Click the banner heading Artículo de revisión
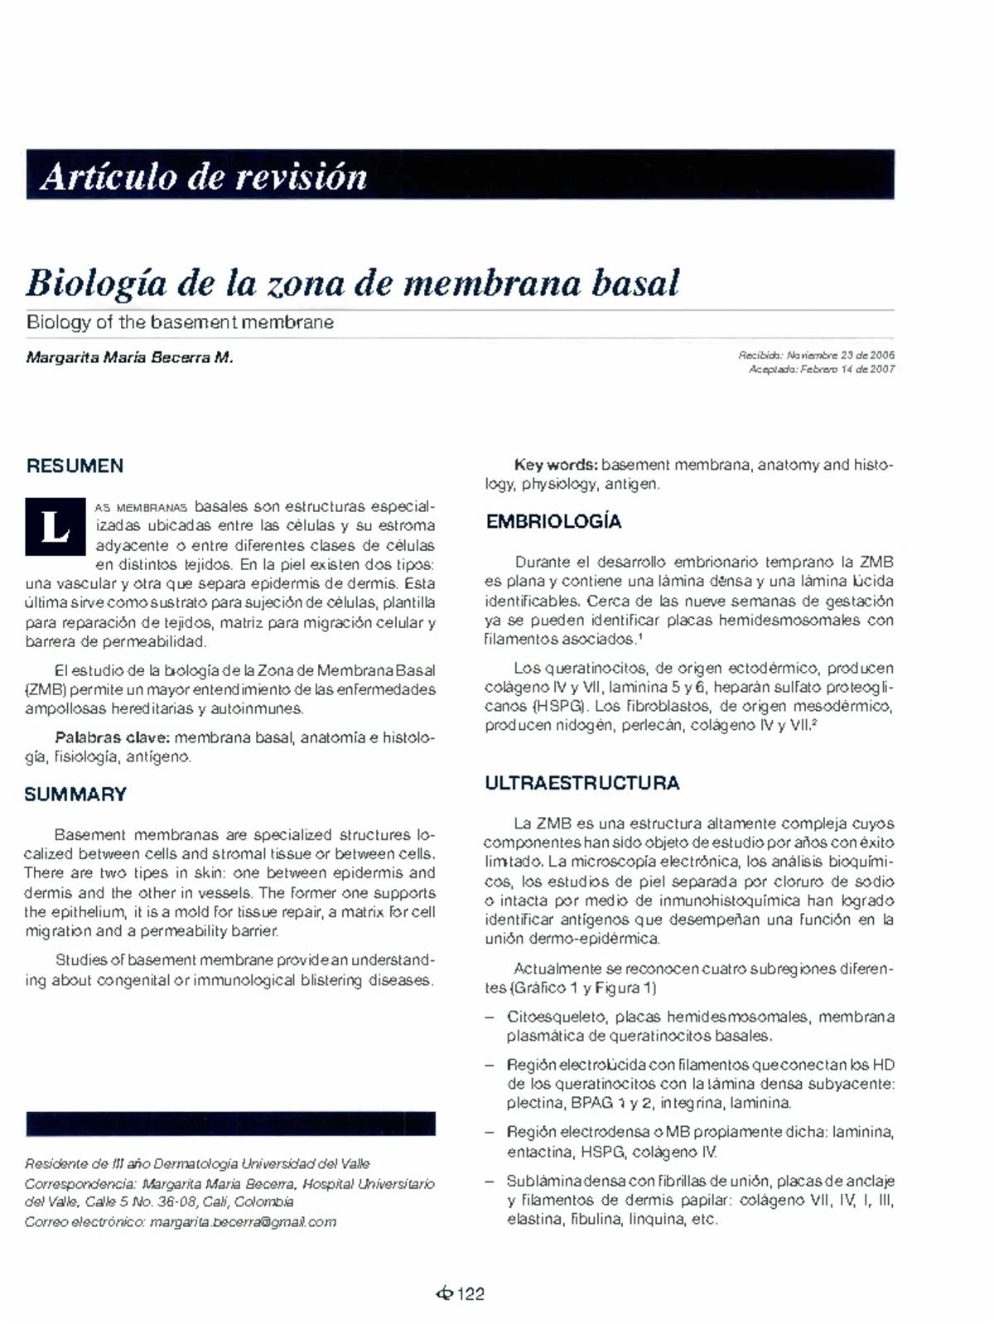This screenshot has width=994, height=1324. pyautogui.click(x=203, y=176)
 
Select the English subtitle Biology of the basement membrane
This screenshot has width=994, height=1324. pyautogui.click(x=180, y=322)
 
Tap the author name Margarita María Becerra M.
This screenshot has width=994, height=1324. pyautogui.click(x=130, y=358)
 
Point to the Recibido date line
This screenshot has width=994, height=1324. pyautogui.click(x=815, y=355)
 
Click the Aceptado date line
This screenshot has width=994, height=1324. pyautogui.click(x=821, y=370)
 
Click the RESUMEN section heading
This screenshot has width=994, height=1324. pyautogui.click(x=75, y=466)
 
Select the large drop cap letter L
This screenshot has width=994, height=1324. pyautogui.click(x=55, y=527)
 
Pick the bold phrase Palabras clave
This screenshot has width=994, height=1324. pyautogui.click(x=112, y=737)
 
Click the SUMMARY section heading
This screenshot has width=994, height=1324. pyautogui.click(x=75, y=795)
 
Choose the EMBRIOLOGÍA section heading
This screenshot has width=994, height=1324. pyautogui.click(x=553, y=522)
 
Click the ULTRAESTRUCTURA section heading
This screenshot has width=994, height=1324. pyautogui.click(x=581, y=783)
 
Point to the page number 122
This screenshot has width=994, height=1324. pyautogui.click(x=470, y=1294)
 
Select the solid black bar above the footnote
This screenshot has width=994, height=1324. pyautogui.click(x=230, y=1123)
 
